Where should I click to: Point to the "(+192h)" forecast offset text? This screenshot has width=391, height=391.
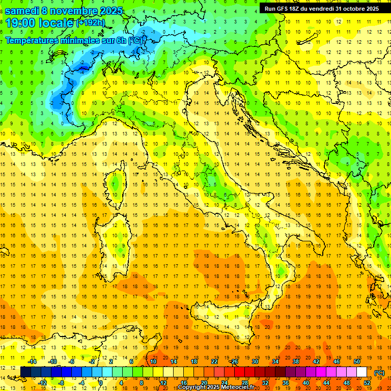91,23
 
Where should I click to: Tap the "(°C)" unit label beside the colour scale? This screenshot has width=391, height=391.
379,373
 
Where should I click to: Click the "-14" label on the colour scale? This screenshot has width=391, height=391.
32,361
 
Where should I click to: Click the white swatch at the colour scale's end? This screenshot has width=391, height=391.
362,372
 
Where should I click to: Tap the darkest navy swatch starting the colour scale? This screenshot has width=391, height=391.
26,372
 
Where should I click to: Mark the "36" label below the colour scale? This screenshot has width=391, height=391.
286,383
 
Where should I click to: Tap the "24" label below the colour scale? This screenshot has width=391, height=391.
225,383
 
